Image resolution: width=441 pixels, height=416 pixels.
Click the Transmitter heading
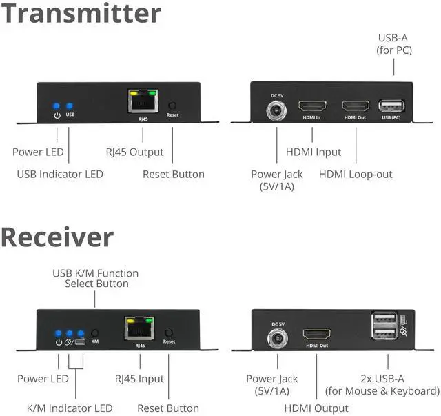pyautogui.click(x=81, y=14)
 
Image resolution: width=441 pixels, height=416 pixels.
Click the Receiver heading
pyautogui.click(x=57, y=237)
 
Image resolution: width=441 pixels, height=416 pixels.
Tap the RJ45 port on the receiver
pyautogui.click(x=140, y=328)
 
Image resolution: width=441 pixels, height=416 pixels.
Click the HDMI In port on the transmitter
pyautogui.click(x=312, y=107)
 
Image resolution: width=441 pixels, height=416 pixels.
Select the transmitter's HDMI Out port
pyautogui.click(x=355, y=107)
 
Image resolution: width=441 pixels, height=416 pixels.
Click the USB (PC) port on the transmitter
pyautogui.click(x=391, y=107)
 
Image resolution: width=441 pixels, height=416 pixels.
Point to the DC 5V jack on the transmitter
pyautogui.click(x=276, y=109)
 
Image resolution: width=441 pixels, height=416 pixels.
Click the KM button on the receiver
pyautogui.click(x=95, y=332)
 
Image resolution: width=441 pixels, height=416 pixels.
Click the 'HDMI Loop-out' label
pyautogui.click(x=356, y=174)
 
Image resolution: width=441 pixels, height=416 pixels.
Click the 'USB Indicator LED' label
pyautogui.click(x=60, y=174)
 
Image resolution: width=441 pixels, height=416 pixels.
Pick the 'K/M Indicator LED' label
pyautogui.click(x=69, y=408)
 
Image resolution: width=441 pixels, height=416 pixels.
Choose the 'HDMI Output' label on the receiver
pyautogui.click(x=316, y=408)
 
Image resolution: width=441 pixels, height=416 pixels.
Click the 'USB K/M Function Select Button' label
pyautogui.click(x=96, y=278)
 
